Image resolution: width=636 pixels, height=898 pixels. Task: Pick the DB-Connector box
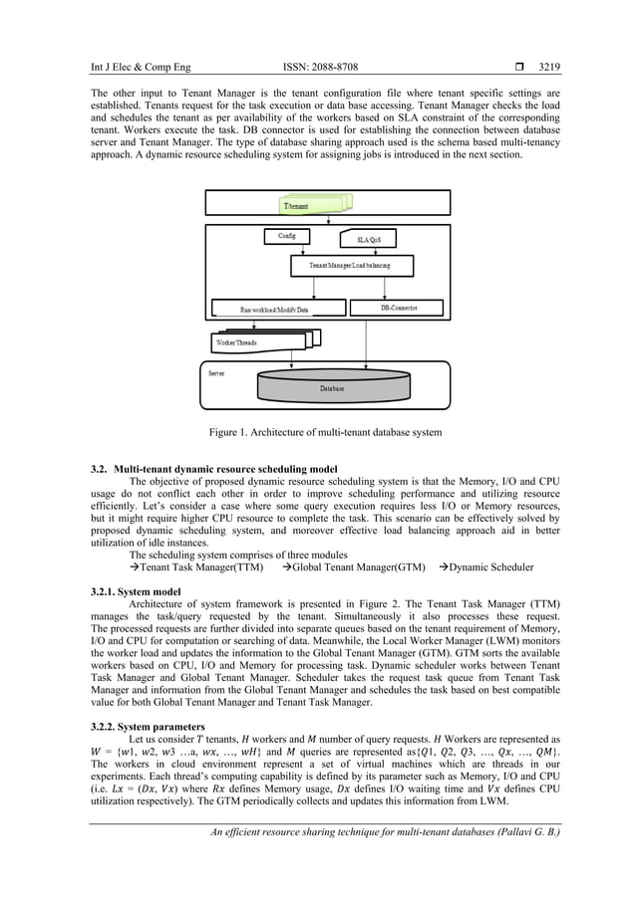399,309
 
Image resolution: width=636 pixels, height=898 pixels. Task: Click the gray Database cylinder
332,387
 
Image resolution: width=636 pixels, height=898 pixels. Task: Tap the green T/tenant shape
312,204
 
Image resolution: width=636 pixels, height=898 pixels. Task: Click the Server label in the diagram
216,373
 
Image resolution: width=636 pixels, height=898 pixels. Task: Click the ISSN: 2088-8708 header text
320,68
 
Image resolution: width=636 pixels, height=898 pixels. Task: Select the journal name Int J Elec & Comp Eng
141,68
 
